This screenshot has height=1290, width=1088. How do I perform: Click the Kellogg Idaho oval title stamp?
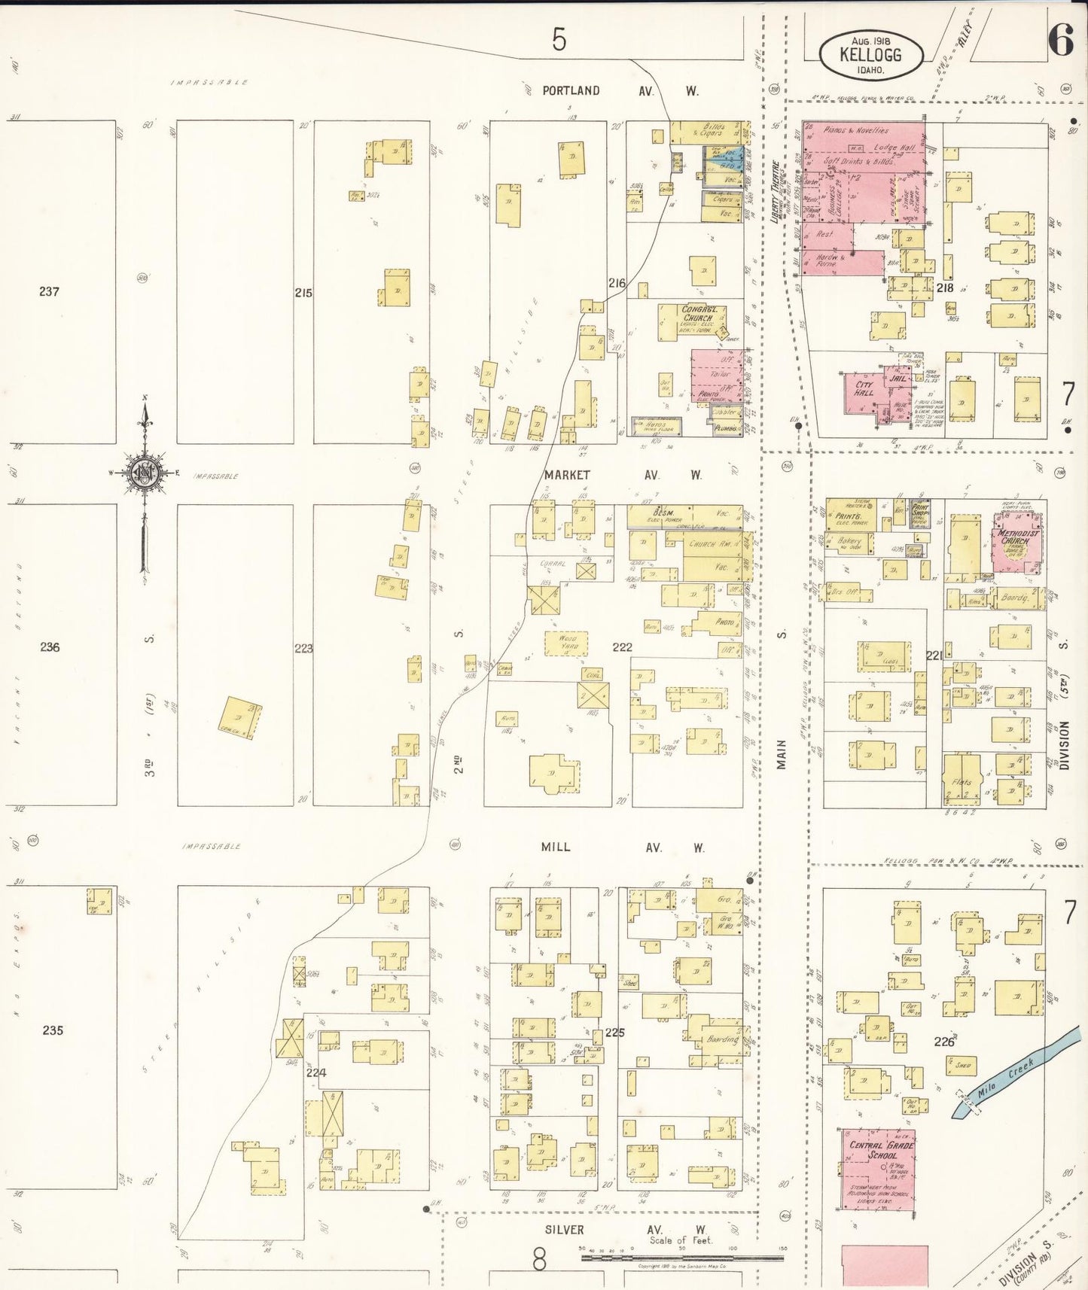tap(870, 55)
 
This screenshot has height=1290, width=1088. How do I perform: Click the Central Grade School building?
tap(878, 1168)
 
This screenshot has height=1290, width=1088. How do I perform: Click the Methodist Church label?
tap(1018, 537)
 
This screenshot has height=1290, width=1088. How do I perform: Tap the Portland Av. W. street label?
tap(620, 91)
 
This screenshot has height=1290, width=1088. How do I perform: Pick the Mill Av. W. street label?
tap(623, 847)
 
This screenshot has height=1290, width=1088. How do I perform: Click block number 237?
tap(50, 291)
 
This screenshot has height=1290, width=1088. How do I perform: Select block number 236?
tap(50, 647)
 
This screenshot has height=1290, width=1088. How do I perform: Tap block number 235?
tap(53, 1030)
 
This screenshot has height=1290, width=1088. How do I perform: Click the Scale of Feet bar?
tap(682, 1257)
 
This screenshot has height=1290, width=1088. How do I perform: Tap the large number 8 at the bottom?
tap(539, 1259)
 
